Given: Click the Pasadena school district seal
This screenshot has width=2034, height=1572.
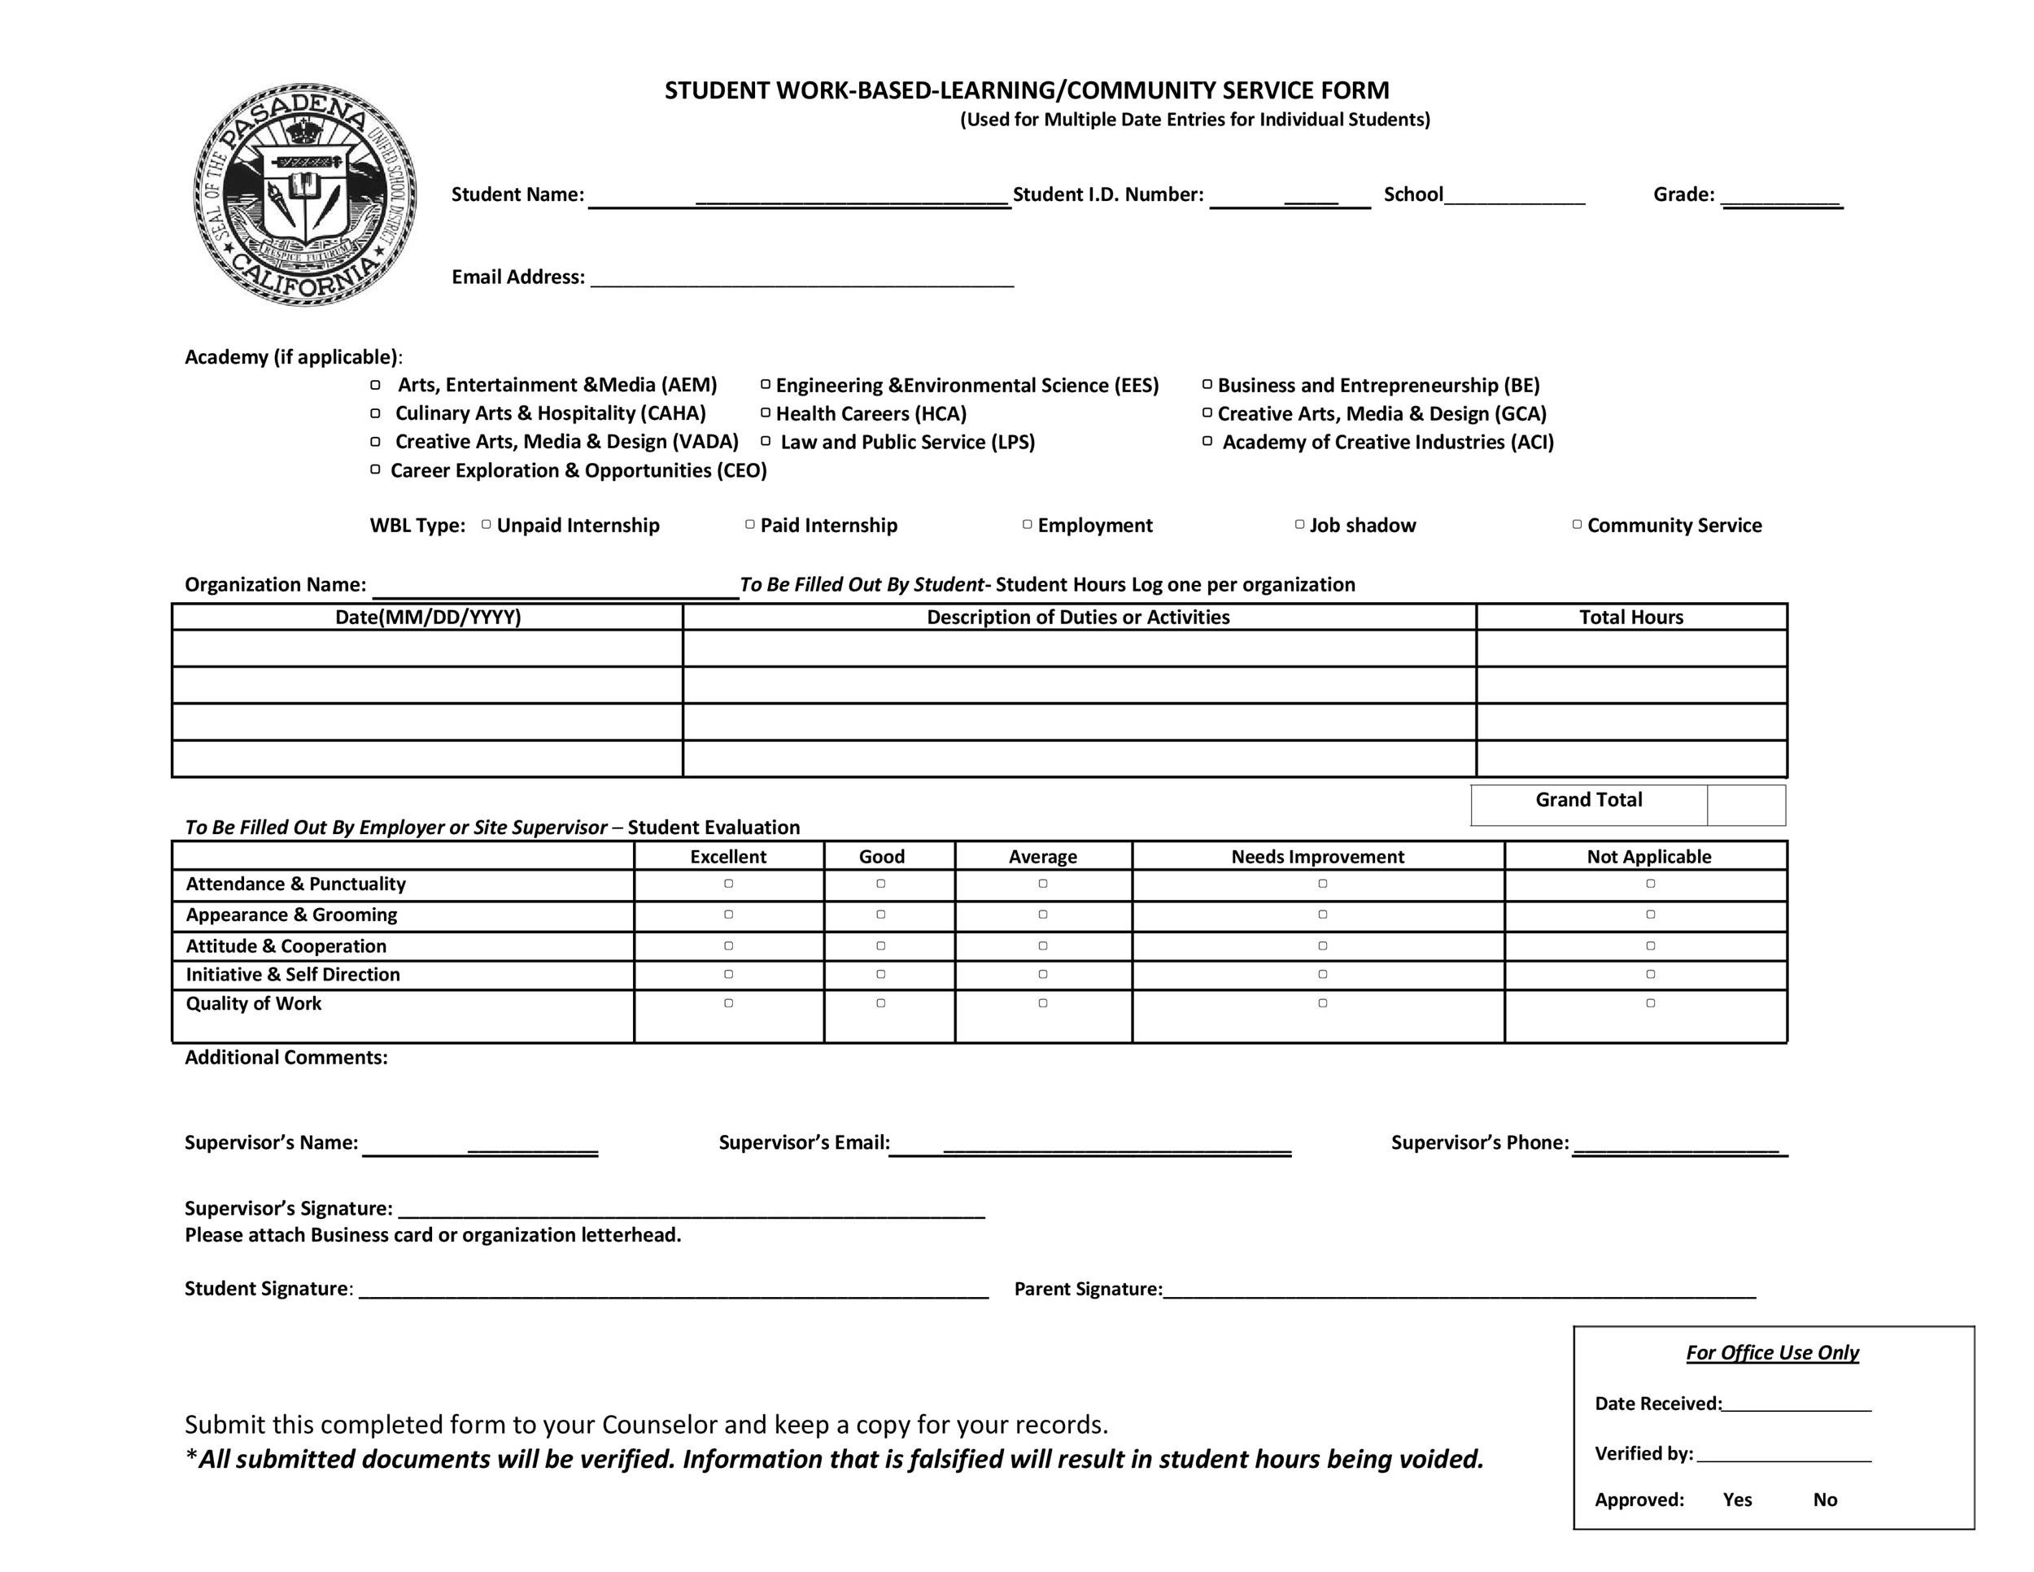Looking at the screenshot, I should coord(304,194).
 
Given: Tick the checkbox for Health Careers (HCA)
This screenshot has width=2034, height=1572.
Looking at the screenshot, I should coord(766,413).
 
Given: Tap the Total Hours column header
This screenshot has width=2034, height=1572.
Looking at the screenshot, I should coord(1630,617).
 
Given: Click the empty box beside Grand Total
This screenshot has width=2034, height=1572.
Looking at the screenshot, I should coord(1745,805).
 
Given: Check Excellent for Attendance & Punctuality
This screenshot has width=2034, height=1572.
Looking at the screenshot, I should coord(728,884).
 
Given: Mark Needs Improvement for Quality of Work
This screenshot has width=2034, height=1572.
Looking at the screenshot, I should coord(1321,1003).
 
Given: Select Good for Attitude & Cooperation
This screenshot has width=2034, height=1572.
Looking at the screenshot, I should coord(880,946).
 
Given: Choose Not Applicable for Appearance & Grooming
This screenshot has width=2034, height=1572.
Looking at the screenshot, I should coord(1649,915).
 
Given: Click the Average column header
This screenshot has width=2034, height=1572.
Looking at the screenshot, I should coord(1042,856).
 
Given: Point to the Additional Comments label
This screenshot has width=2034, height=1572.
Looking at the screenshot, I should coord(286,1057).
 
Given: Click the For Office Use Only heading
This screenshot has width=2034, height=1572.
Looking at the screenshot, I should coord(1771,1352).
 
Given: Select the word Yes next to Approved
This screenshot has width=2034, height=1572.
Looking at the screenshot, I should coord(1737,1500).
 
